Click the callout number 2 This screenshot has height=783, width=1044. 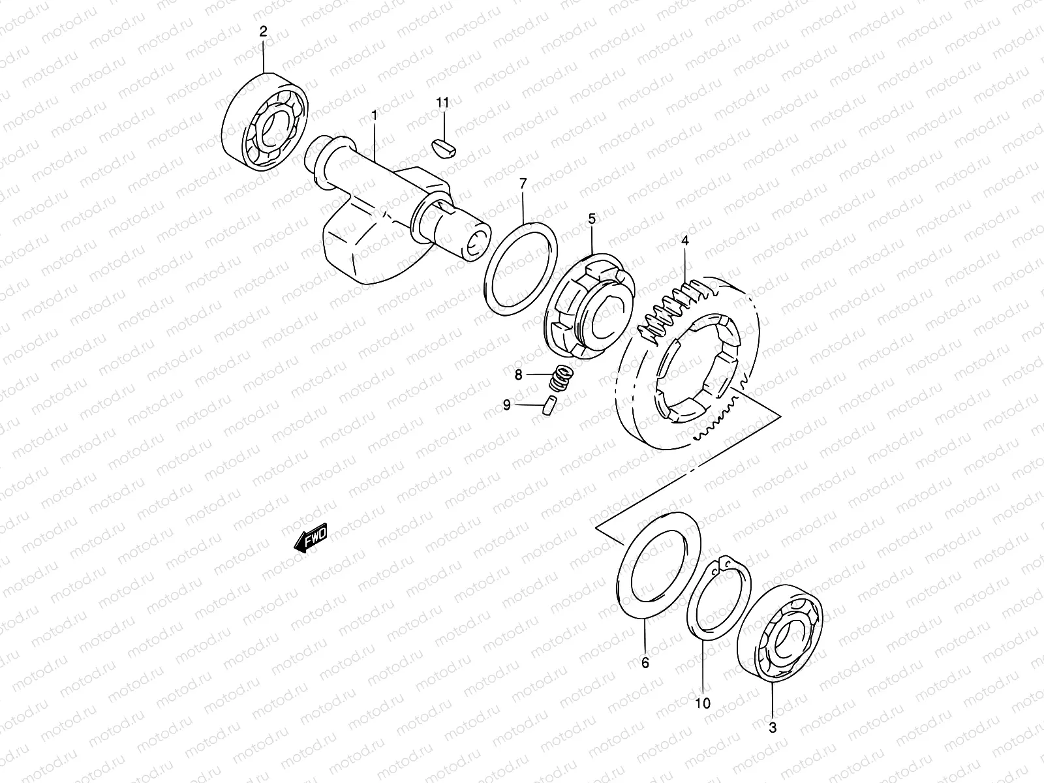click(x=263, y=31)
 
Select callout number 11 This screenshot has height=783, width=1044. click(x=443, y=102)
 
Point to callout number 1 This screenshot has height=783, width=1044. click(x=374, y=115)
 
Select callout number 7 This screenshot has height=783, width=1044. click(x=523, y=185)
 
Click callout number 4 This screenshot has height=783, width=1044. click(x=684, y=241)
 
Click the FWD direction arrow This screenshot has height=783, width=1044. click(x=311, y=538)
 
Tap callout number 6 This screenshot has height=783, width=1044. click(x=645, y=663)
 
